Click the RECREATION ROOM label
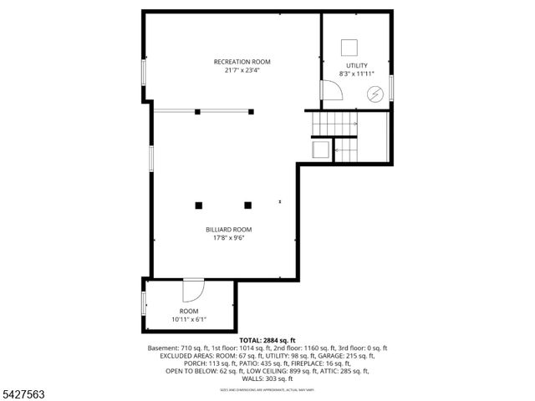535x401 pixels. click(x=242, y=62)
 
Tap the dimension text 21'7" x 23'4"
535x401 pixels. click(x=242, y=71)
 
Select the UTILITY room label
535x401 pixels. click(x=356, y=65)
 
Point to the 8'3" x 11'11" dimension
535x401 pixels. click(x=356, y=74)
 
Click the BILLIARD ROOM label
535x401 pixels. click(x=228, y=229)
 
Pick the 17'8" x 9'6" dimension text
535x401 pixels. click(x=228, y=238)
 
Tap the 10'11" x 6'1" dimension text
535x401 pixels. click(x=189, y=319)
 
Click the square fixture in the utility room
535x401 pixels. click(x=349, y=47)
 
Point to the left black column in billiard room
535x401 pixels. click(x=199, y=205)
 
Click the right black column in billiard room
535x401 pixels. click(x=247, y=205)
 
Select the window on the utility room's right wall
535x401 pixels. click(x=391, y=88)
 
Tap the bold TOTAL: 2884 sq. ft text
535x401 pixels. click(x=267, y=341)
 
